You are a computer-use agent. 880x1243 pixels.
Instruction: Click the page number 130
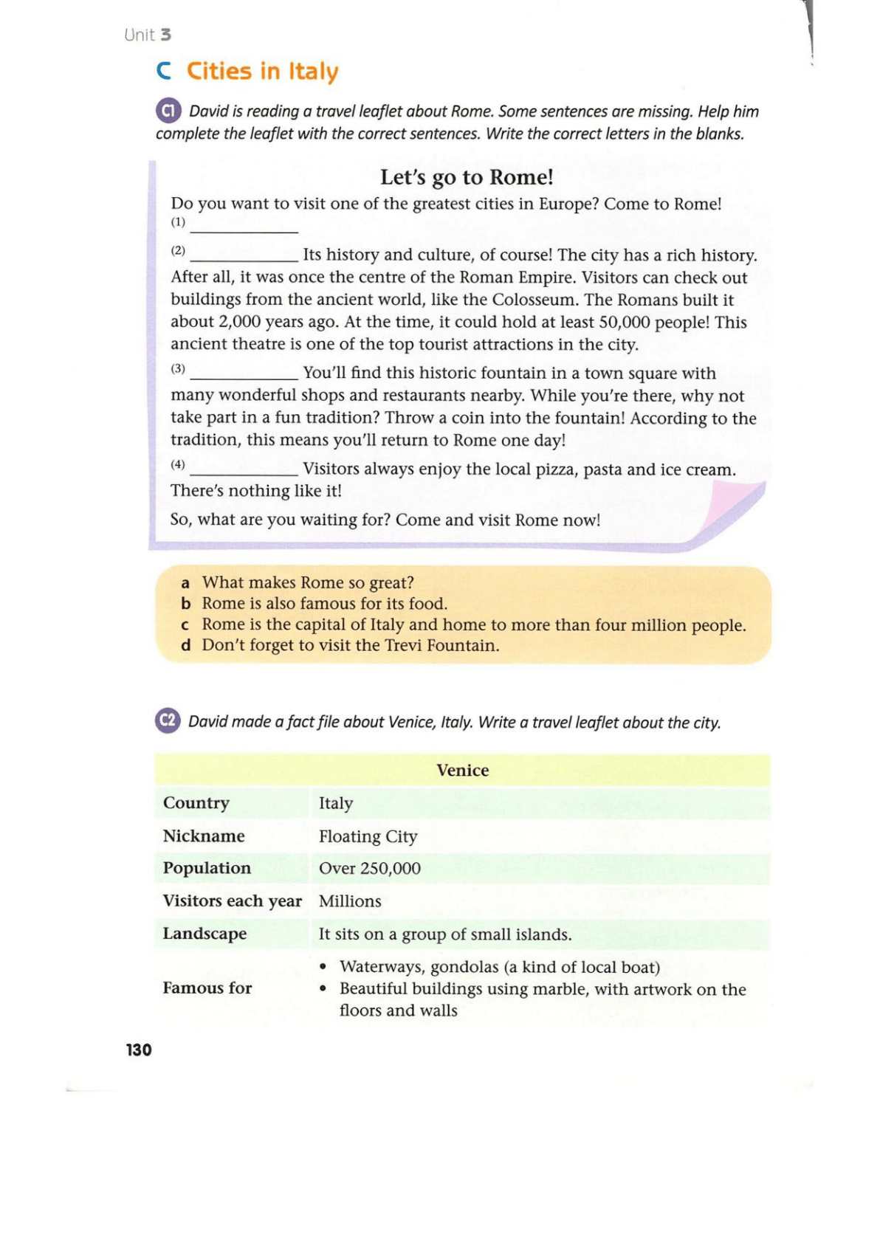click(139, 1050)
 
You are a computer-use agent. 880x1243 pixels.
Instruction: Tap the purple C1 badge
click(168, 111)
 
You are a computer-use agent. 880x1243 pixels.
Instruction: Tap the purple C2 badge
click(168, 720)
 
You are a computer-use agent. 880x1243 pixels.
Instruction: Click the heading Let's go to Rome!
click(467, 177)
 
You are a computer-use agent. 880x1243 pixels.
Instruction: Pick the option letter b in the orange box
click(186, 604)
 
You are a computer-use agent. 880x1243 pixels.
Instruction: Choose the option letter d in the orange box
click(186, 646)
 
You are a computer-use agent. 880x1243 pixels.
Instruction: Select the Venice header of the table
click(462, 770)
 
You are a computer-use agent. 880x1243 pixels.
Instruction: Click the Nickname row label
click(204, 836)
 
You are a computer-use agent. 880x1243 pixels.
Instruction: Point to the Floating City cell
click(368, 836)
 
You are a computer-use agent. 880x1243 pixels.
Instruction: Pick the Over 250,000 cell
click(369, 868)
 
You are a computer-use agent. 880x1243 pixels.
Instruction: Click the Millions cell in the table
click(350, 901)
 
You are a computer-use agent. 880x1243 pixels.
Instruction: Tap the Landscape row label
click(204, 934)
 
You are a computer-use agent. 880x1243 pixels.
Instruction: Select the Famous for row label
click(207, 988)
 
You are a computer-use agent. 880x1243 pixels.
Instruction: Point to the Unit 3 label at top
click(148, 35)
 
